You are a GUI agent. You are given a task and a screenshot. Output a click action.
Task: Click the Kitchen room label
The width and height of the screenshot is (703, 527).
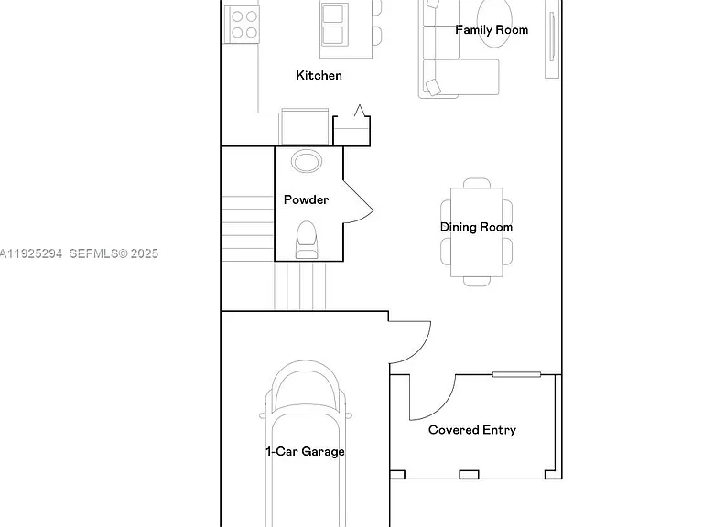pos(319,75)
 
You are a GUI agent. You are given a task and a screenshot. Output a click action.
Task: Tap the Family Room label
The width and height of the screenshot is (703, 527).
pos(492,30)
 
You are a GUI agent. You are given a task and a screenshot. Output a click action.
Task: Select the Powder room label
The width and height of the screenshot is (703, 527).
pos(307,199)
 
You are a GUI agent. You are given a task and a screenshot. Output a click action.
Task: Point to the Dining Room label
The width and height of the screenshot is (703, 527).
pos(476,227)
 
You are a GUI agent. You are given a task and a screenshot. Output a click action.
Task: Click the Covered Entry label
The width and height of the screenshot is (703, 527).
pos(472,430)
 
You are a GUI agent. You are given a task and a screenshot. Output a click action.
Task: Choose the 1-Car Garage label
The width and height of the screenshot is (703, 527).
pos(306,451)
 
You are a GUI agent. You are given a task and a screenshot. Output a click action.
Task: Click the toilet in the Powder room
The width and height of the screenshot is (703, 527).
pos(307,240)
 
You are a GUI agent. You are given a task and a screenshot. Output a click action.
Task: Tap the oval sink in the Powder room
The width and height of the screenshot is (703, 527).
pos(307,161)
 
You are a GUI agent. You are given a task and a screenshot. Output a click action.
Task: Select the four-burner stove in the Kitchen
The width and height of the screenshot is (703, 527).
pos(242,24)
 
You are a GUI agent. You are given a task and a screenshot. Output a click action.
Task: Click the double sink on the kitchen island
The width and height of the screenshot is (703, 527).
pos(334,24)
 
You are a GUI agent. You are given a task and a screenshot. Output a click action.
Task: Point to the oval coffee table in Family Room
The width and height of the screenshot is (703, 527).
pos(494,22)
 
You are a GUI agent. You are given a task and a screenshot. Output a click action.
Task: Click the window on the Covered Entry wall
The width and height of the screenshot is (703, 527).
pos(516,374)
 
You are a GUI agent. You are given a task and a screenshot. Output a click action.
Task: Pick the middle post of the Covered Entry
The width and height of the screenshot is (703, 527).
pos(469,474)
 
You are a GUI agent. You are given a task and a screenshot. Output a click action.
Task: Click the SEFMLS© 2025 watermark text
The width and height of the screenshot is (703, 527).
pos(114,253)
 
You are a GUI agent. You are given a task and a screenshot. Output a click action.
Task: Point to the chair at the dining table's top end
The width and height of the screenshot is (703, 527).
pos(477,183)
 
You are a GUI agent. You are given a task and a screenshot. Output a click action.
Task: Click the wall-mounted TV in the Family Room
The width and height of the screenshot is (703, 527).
pos(552,38)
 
